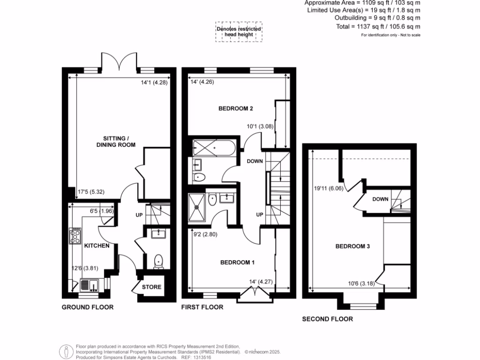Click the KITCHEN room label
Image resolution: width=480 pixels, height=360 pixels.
97,246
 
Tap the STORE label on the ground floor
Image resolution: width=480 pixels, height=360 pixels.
151,287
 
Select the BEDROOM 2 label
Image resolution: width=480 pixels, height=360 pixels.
236,109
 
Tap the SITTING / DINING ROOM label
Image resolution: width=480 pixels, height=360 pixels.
119,142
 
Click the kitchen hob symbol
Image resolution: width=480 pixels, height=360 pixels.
75,236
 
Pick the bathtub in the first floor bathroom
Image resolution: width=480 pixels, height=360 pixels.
214,148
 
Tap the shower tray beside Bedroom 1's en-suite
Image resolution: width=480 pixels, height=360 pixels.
197,206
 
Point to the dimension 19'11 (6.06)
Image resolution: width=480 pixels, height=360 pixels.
325,189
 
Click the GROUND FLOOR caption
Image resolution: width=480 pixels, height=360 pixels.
88,307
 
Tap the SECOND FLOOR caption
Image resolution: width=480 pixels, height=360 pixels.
327,319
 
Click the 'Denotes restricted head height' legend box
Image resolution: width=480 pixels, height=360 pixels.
239,32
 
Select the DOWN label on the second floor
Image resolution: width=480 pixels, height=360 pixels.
380,199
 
